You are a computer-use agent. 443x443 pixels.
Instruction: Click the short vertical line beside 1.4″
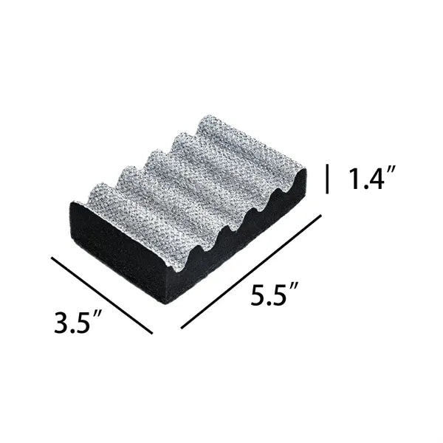[327, 179]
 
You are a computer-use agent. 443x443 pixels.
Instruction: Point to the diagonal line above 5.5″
[251, 272]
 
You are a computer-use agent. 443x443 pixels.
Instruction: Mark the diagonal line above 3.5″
[102, 295]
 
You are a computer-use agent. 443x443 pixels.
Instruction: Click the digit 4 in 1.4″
[374, 179]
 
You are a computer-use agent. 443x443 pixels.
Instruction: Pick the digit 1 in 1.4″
[354, 179]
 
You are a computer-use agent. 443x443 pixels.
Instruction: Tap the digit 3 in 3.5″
[61, 322]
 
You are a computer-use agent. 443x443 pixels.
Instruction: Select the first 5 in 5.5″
[258, 295]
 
